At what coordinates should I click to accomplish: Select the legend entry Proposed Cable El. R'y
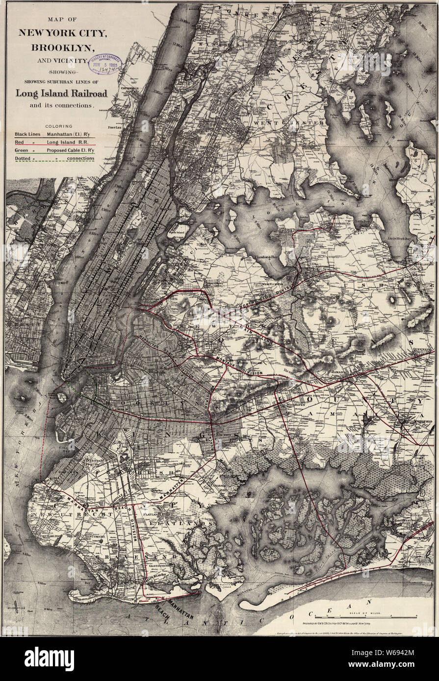point(70,150)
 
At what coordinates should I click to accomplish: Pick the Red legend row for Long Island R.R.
point(54,142)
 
